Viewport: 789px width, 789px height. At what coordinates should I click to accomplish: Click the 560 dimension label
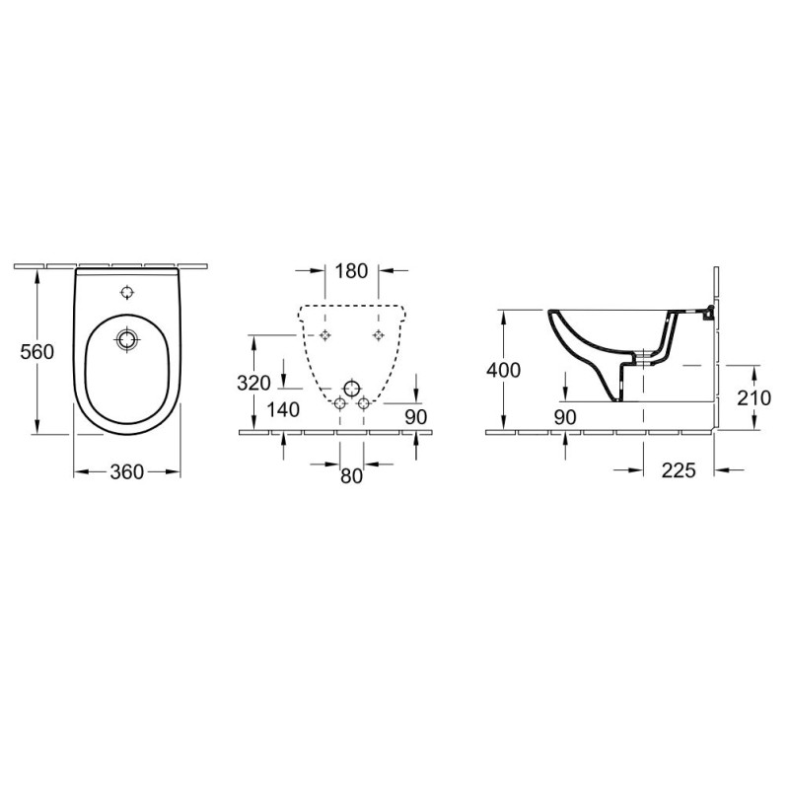[36, 352]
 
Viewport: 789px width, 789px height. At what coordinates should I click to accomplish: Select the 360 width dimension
[127, 472]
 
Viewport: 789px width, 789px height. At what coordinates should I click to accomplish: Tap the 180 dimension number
[351, 271]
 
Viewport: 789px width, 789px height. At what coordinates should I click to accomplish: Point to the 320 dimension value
[253, 384]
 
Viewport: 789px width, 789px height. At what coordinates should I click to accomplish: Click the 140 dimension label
[283, 410]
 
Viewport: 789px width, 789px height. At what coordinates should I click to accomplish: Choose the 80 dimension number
[351, 476]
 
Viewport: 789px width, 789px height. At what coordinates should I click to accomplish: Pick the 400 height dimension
[503, 371]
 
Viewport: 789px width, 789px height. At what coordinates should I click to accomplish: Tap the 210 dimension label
[753, 398]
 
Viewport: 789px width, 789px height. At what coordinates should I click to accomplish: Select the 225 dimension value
[679, 470]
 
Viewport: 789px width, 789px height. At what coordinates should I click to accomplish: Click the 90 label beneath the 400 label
[565, 417]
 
